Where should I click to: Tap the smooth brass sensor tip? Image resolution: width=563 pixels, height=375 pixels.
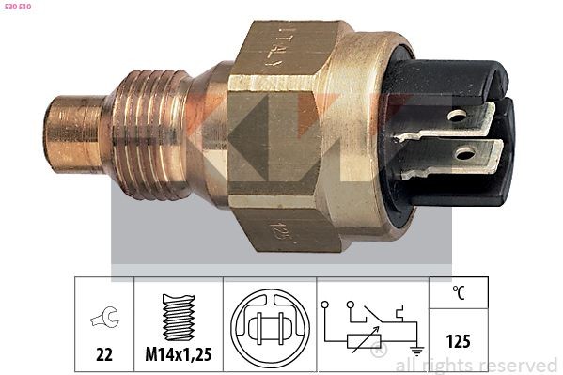coord(71,137)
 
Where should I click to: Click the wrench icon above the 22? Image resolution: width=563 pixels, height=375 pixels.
coord(104,320)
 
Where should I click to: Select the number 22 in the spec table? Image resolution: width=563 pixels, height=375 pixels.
coord(104,354)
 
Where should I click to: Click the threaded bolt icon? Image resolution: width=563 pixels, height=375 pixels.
coord(179,318)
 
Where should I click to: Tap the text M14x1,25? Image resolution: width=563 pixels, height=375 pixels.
coord(179,354)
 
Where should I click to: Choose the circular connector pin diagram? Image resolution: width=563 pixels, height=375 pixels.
coord(270,325)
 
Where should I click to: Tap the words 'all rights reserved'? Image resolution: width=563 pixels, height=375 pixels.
coord(477,365)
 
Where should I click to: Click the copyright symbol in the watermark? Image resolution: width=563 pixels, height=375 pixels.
coord(379,351)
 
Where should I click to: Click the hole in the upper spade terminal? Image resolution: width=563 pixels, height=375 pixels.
coord(458,117)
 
